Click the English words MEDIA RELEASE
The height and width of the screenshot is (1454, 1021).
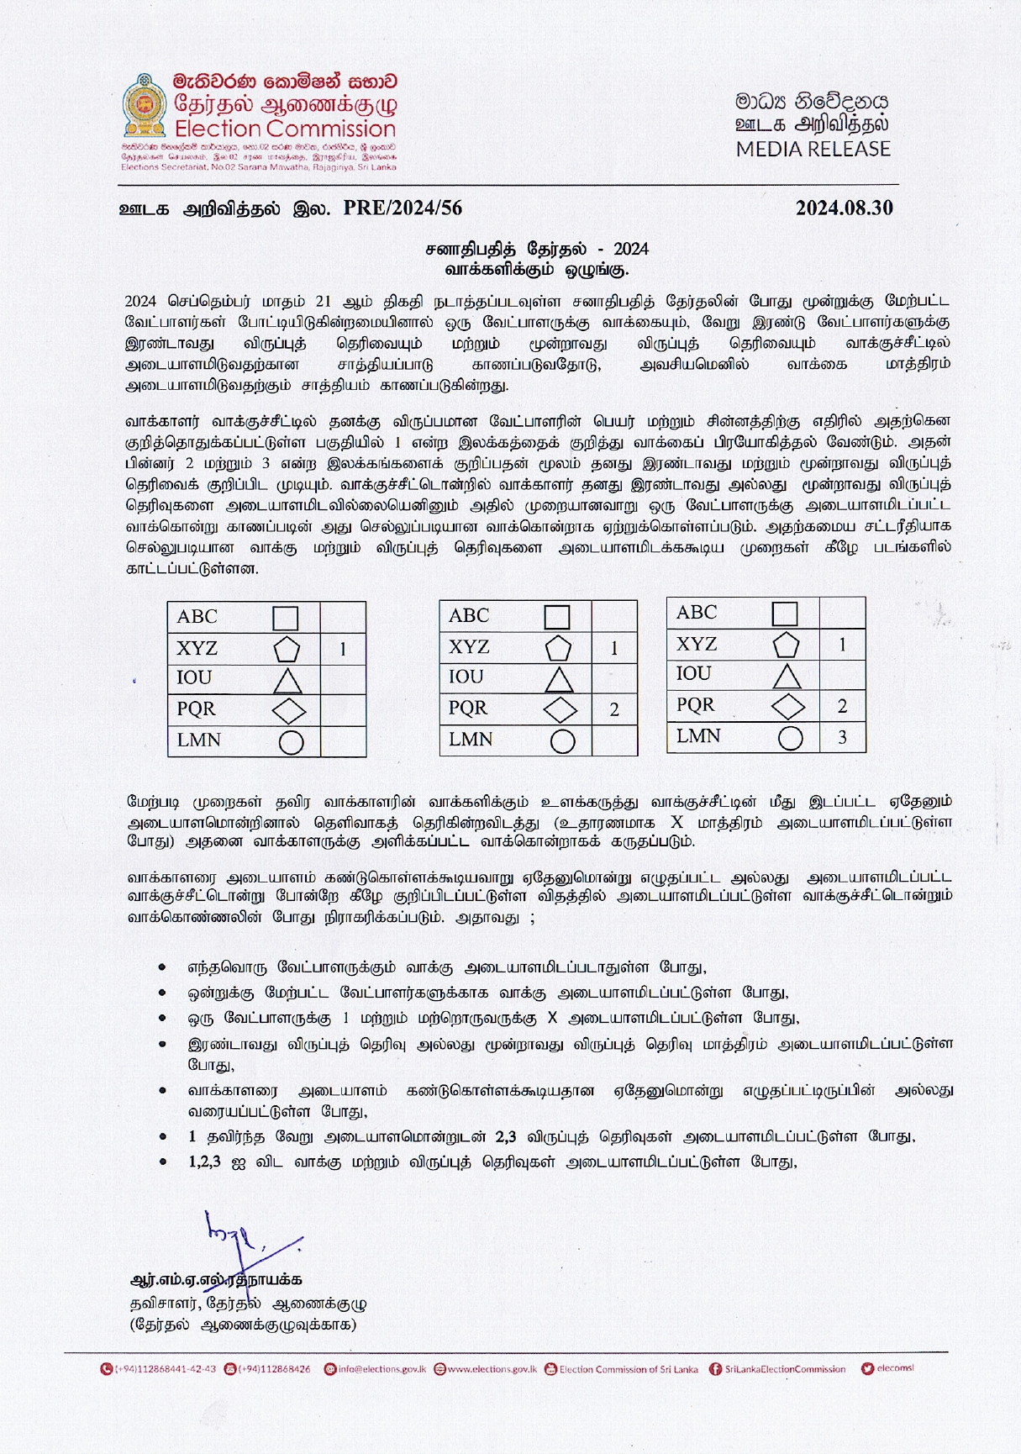[x=813, y=150]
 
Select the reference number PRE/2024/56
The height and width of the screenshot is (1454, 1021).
[x=403, y=208]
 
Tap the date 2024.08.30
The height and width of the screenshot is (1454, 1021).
[x=844, y=208]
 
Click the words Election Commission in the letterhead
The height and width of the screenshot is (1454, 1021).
[x=285, y=129]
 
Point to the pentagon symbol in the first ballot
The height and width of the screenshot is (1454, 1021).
[x=287, y=650]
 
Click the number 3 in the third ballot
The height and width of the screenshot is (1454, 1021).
[x=842, y=738]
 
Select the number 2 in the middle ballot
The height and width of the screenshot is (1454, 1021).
[x=614, y=710]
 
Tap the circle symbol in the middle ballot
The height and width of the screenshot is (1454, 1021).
[x=562, y=741]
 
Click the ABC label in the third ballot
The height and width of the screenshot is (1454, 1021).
[x=697, y=613]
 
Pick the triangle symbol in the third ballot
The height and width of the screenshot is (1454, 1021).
[x=787, y=676]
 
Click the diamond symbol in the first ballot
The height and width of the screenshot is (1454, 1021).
[x=289, y=711]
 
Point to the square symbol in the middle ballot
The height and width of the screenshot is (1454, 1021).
[x=557, y=618]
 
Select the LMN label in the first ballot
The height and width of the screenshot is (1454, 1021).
[x=198, y=740]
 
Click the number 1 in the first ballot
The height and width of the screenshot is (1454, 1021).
[x=343, y=649]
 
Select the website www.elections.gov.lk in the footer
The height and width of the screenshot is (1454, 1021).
[x=492, y=1369]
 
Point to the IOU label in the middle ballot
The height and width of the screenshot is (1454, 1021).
[x=466, y=677]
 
